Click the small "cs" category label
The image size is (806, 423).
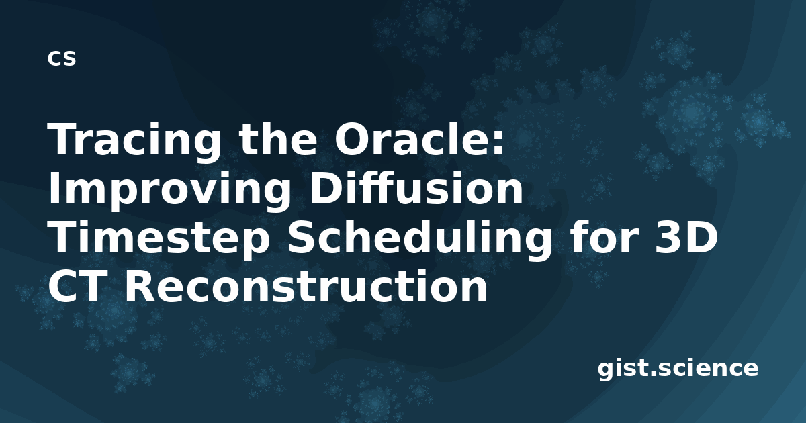[x=62, y=58]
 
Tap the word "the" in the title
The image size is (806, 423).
[x=278, y=138]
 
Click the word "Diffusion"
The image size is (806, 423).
[x=416, y=187]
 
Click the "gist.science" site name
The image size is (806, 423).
[x=678, y=369]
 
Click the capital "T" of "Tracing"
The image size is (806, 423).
[x=64, y=138]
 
